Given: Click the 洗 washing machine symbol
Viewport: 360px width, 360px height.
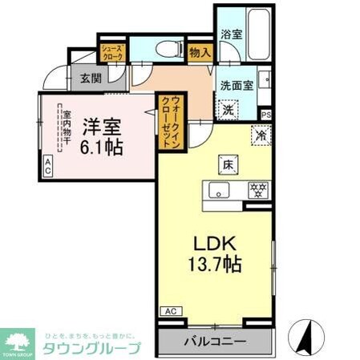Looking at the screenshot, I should (229, 110).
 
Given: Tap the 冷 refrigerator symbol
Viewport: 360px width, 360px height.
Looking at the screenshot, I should (261, 136).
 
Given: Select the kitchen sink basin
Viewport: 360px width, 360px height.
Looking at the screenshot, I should (218, 191).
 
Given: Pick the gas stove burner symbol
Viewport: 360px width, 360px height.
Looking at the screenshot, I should (258, 190).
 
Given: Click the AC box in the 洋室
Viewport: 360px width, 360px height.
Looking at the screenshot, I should (47, 166).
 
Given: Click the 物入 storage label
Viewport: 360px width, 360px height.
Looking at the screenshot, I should (200, 53).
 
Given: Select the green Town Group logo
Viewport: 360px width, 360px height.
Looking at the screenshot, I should (16, 342).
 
